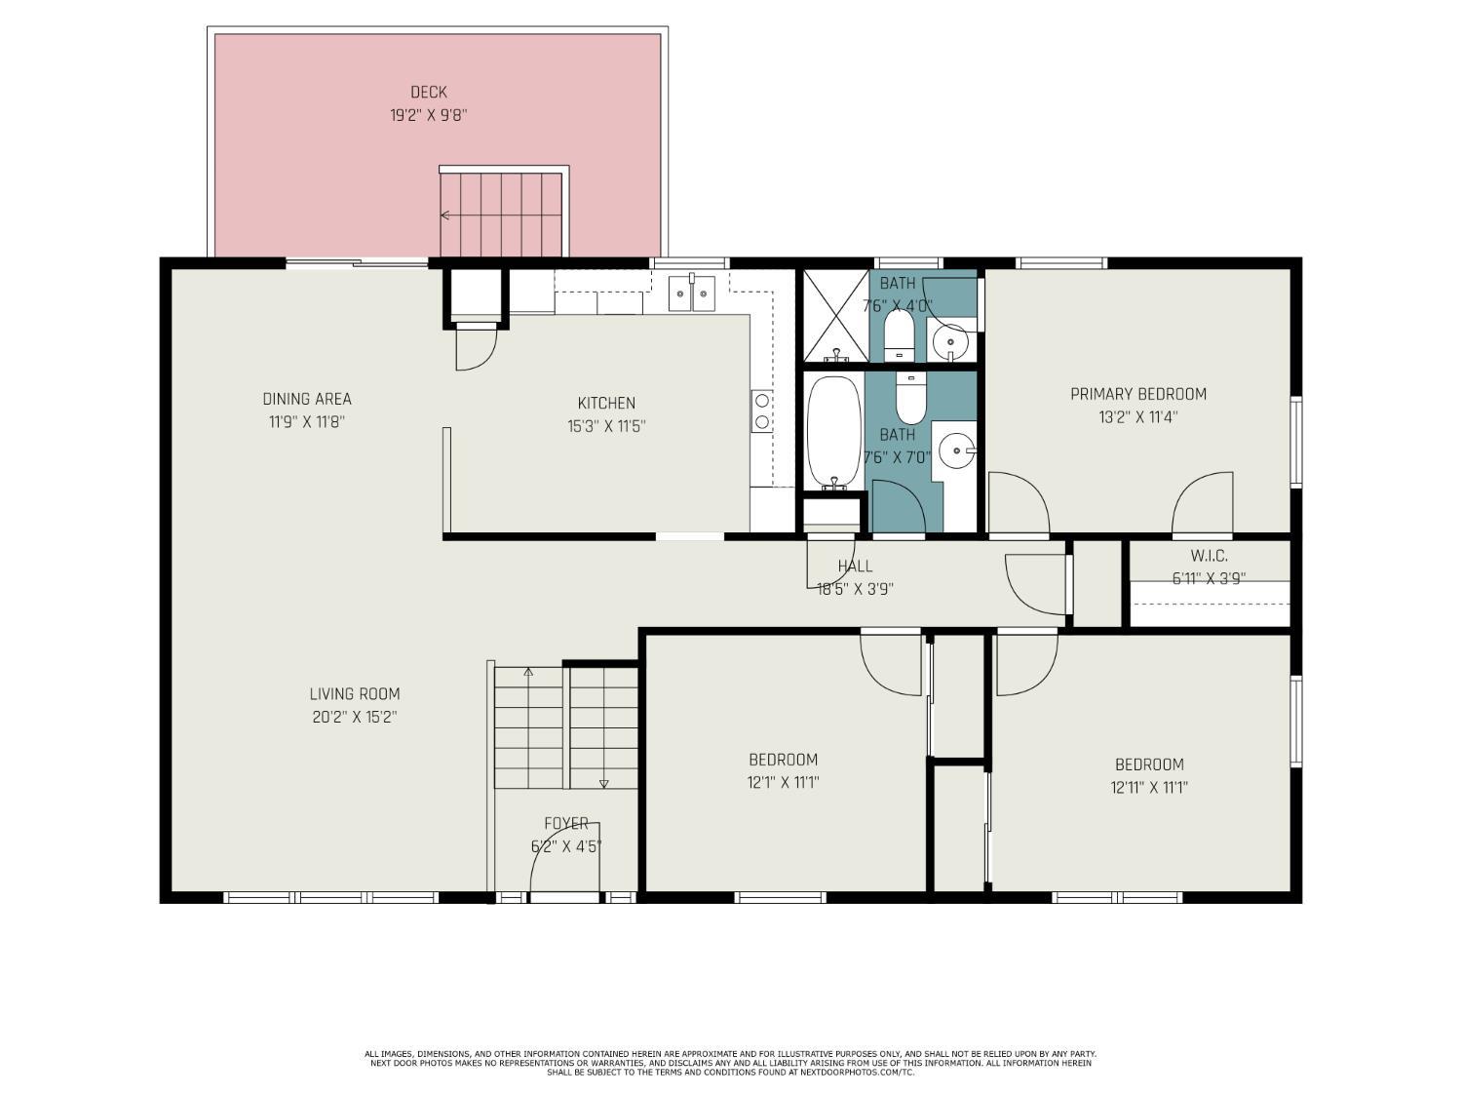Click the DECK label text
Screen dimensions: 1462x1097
coord(428,92)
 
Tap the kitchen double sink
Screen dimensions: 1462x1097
coord(692,294)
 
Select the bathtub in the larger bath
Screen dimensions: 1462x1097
coord(834,432)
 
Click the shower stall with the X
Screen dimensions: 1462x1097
coord(836,316)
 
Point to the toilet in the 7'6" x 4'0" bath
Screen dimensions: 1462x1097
coord(900,336)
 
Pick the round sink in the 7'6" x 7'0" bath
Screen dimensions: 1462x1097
coord(956,451)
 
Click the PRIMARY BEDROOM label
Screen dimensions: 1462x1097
coord(1138,394)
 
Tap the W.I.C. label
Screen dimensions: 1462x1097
coord(1209,556)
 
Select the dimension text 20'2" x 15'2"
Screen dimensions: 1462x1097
coord(355,718)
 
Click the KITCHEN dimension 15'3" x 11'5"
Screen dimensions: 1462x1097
coord(606,426)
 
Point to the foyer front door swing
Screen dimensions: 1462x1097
coord(563,857)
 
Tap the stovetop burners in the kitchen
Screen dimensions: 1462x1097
coord(762,411)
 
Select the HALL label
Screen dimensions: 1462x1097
coord(855,567)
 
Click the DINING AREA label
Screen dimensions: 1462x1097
coord(307,399)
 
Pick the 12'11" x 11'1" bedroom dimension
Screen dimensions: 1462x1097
coord(1149,787)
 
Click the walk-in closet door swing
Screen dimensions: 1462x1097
coord(1203,503)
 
